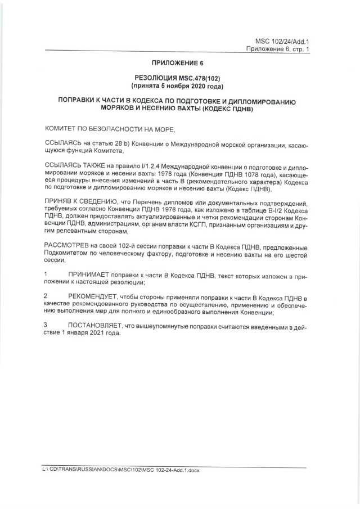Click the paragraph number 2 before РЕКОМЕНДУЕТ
pyautogui.click(x=46, y=296)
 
